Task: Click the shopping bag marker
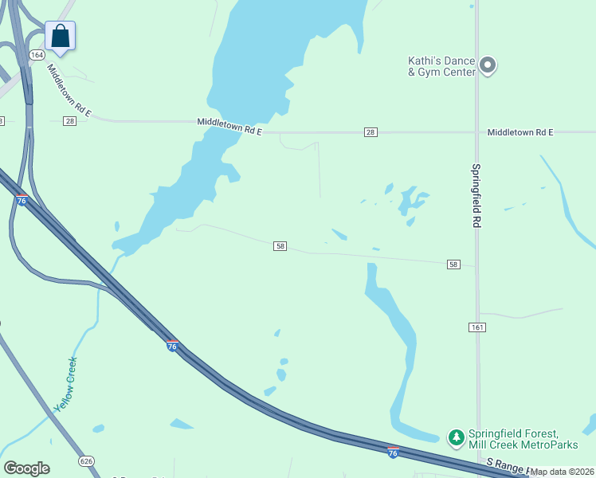[x=60, y=36]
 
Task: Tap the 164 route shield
[x=37, y=55]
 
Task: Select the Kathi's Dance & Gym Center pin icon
[x=488, y=66]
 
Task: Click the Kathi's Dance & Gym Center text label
[x=441, y=67]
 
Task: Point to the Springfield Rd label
[x=476, y=196]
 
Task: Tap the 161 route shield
[x=477, y=327]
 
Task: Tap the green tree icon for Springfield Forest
[x=456, y=437]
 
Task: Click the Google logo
[x=26, y=468]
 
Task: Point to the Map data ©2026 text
[x=563, y=472]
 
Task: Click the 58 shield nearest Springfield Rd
[x=453, y=264]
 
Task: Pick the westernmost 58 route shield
[x=280, y=246]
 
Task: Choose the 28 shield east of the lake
[x=371, y=131]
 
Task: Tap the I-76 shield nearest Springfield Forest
[x=394, y=452]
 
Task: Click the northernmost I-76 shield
[x=22, y=200]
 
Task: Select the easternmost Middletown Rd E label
[x=520, y=131]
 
